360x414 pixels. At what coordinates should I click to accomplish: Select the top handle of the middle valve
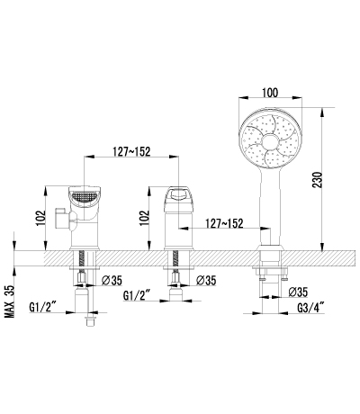click(x=176, y=195)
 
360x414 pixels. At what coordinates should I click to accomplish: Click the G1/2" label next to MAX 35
click(x=45, y=306)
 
